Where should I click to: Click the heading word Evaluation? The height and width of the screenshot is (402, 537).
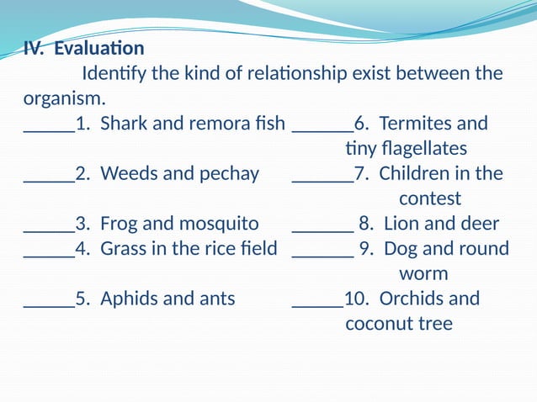(99, 49)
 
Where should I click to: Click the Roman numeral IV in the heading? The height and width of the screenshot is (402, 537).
(34, 49)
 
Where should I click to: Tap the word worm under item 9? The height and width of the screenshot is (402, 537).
(423, 274)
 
